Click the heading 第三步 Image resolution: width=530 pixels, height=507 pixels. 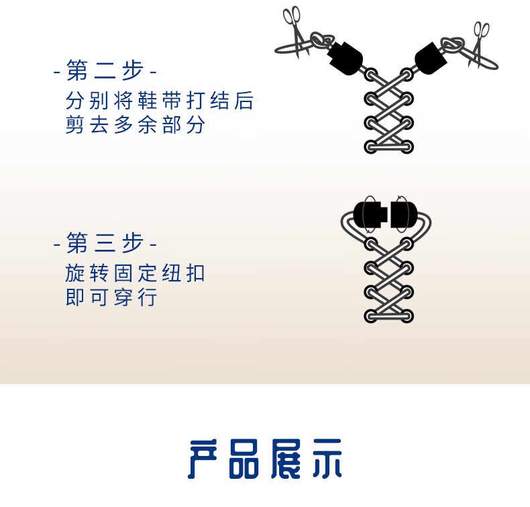click(x=105, y=243)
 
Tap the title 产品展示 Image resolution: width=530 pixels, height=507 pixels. click(x=265, y=459)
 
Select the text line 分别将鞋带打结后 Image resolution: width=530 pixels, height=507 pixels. click(x=160, y=102)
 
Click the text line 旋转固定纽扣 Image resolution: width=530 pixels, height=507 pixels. click(x=135, y=274)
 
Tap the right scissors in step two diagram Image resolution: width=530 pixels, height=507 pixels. click(x=480, y=42)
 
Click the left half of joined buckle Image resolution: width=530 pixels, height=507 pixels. click(x=368, y=214)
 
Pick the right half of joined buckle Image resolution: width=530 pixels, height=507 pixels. click(x=403, y=214)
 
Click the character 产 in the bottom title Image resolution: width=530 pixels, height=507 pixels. click(x=205, y=459)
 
